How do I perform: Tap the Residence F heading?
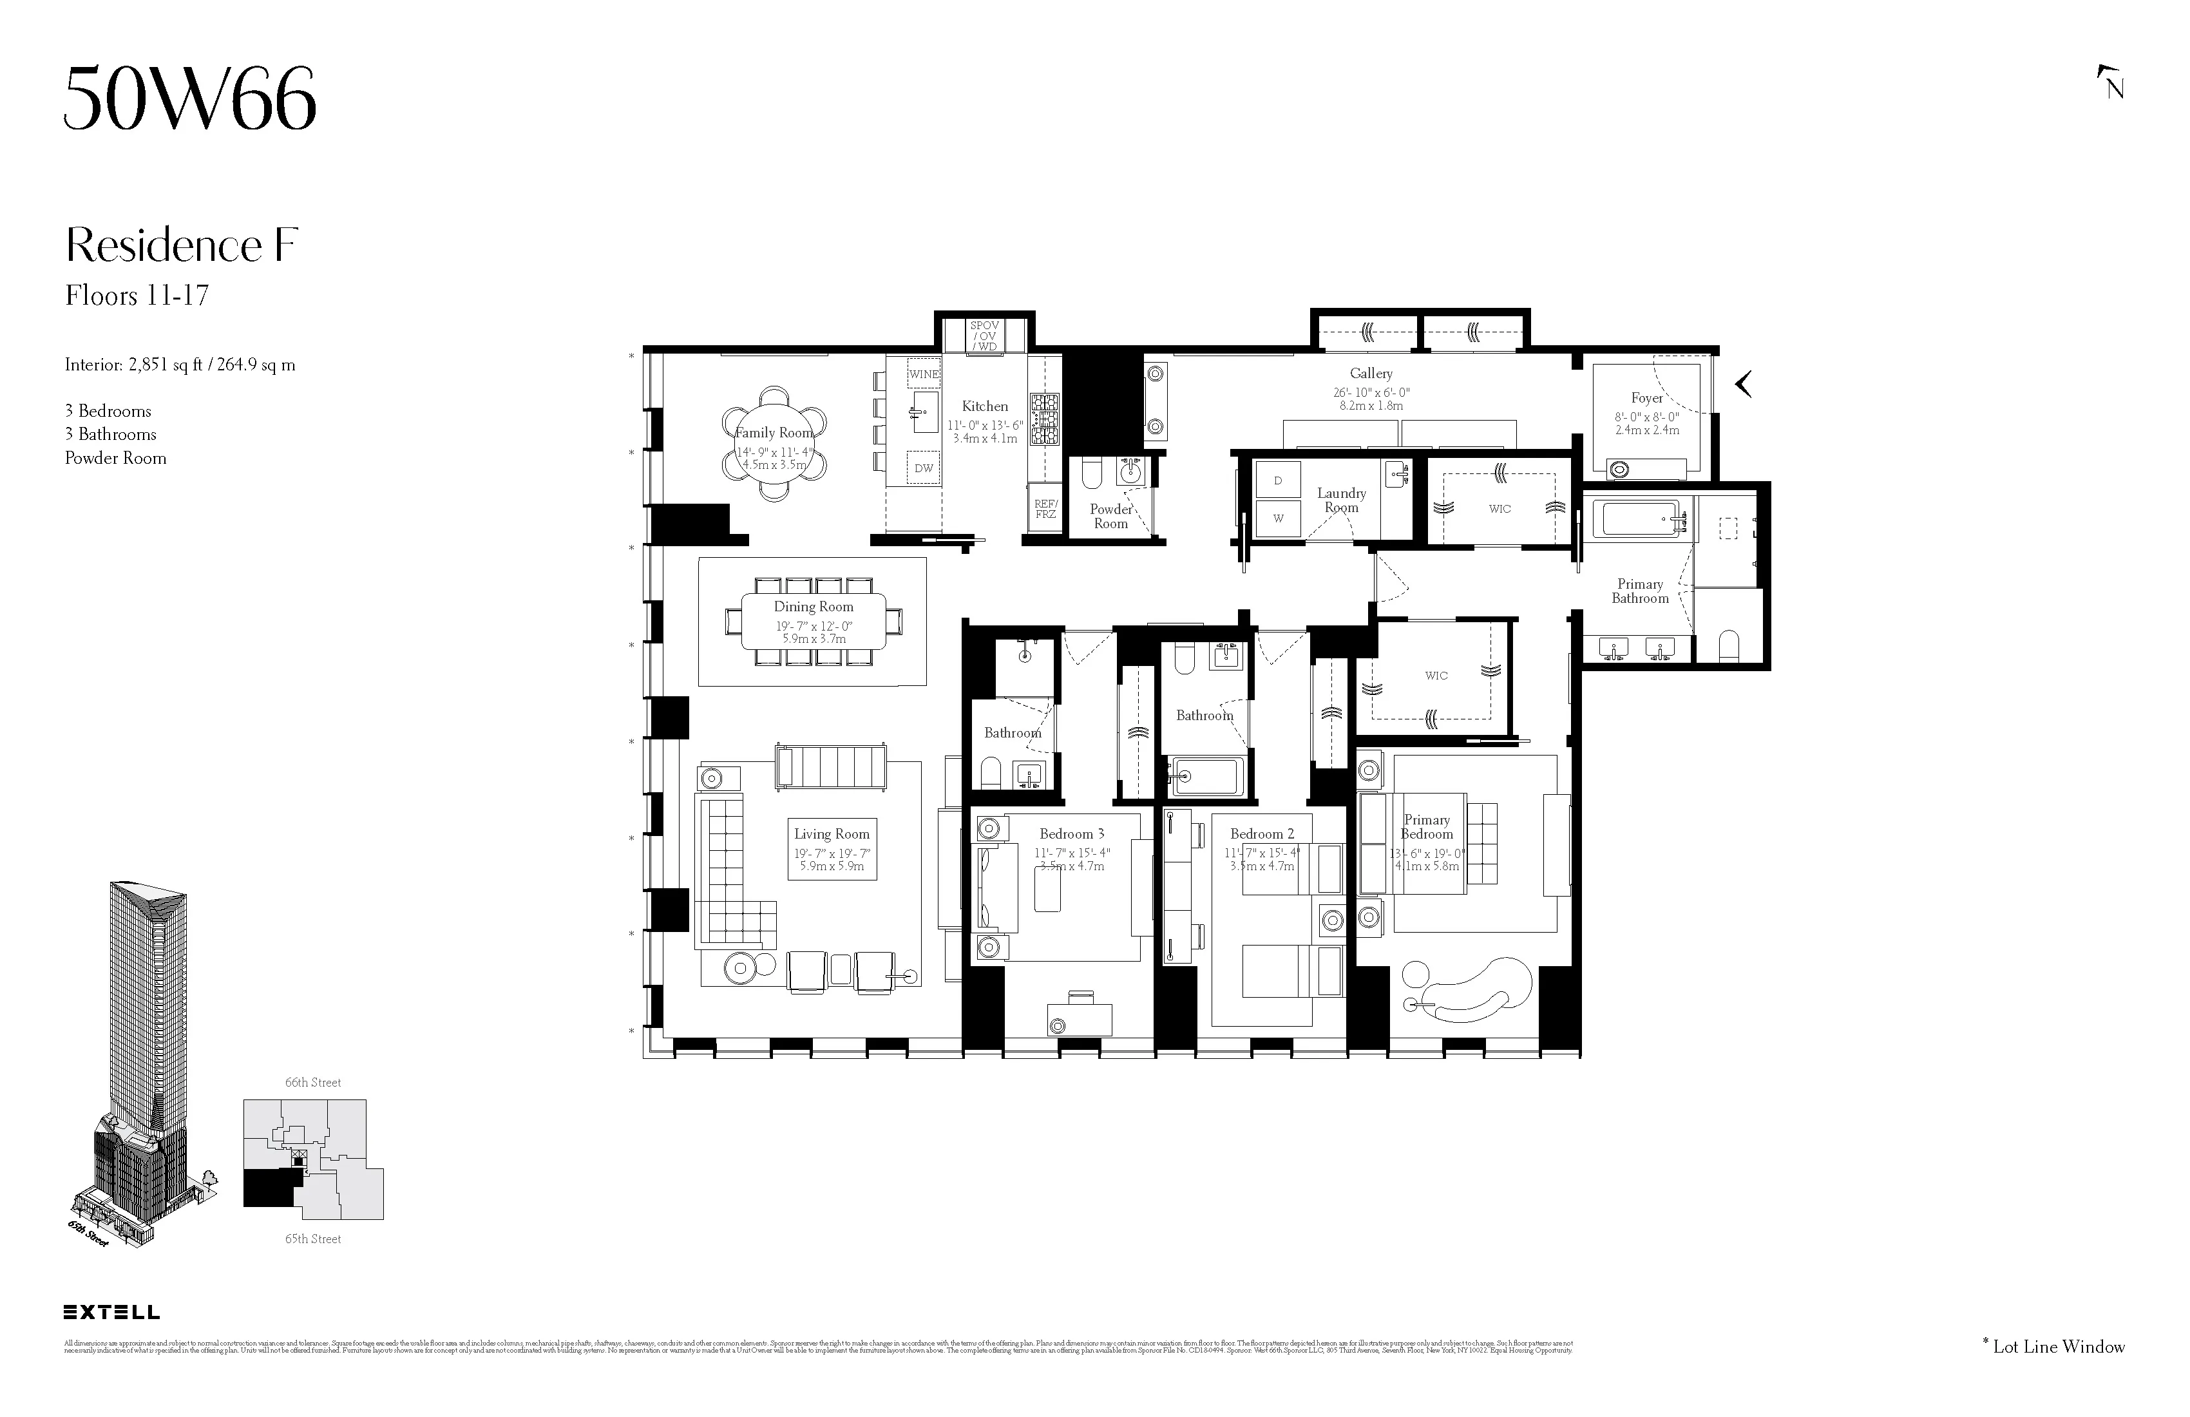click(x=181, y=245)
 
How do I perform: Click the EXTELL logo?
click(x=111, y=1312)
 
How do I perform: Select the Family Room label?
click(x=774, y=432)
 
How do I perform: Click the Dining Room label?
click(x=814, y=606)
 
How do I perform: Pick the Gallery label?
click(x=1371, y=374)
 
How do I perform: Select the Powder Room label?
click(x=1110, y=516)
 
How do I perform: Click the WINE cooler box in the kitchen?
click(x=923, y=374)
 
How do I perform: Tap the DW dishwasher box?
click(x=923, y=468)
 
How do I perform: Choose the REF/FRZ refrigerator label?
click(x=1045, y=509)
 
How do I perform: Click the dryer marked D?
click(x=1278, y=480)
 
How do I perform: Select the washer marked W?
click(x=1278, y=518)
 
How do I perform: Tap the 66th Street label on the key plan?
click(x=313, y=1083)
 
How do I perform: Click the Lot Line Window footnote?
click(x=2054, y=1347)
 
